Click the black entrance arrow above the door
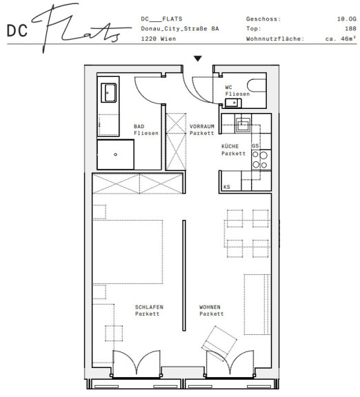point(198,59)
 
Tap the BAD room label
point(139,126)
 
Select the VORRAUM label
point(202,126)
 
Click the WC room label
point(228,88)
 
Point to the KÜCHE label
point(230,146)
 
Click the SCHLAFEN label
point(149,307)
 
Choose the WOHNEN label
point(210,307)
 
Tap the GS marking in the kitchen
point(255,146)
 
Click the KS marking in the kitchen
point(227,187)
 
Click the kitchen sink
point(243,125)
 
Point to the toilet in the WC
point(257,85)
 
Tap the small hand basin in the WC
point(233,103)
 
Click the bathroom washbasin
point(109,93)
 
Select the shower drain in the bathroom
point(116,154)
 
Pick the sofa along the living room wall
point(257,305)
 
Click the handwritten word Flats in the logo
point(81,28)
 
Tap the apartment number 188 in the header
point(350,29)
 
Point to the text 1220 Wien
point(159,39)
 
